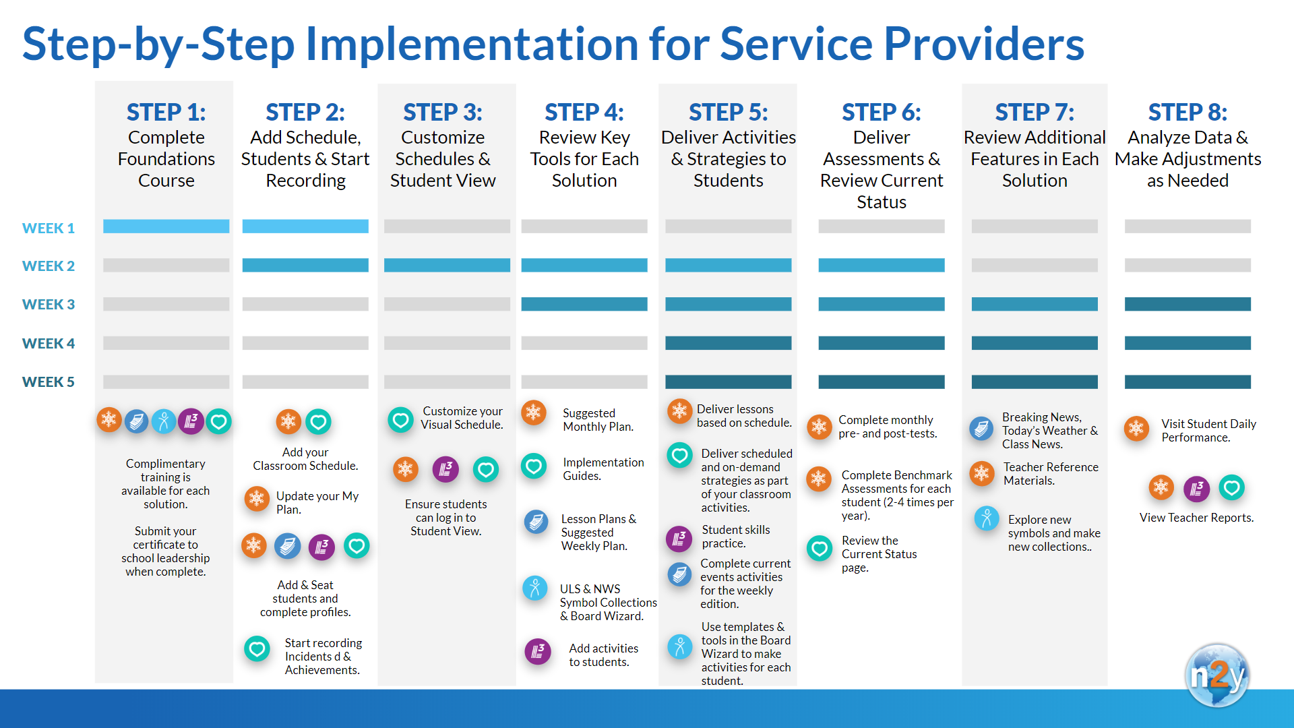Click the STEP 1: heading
(166, 112)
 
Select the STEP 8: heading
(1188, 112)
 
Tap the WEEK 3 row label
(49, 304)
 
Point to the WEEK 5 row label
(49, 382)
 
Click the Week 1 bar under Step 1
(166, 226)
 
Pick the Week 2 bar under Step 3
(447, 265)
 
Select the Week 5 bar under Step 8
(1188, 382)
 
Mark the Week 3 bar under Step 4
(584, 304)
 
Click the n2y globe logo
(1217, 675)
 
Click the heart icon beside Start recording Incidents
(257, 649)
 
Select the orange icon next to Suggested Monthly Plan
(534, 412)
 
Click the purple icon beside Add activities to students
(538, 651)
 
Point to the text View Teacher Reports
(1196, 518)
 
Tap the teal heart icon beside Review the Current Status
(820, 549)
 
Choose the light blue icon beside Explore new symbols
(987, 518)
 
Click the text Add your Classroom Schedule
(305, 459)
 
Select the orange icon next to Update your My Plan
(257, 499)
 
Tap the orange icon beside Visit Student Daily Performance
(1136, 427)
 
